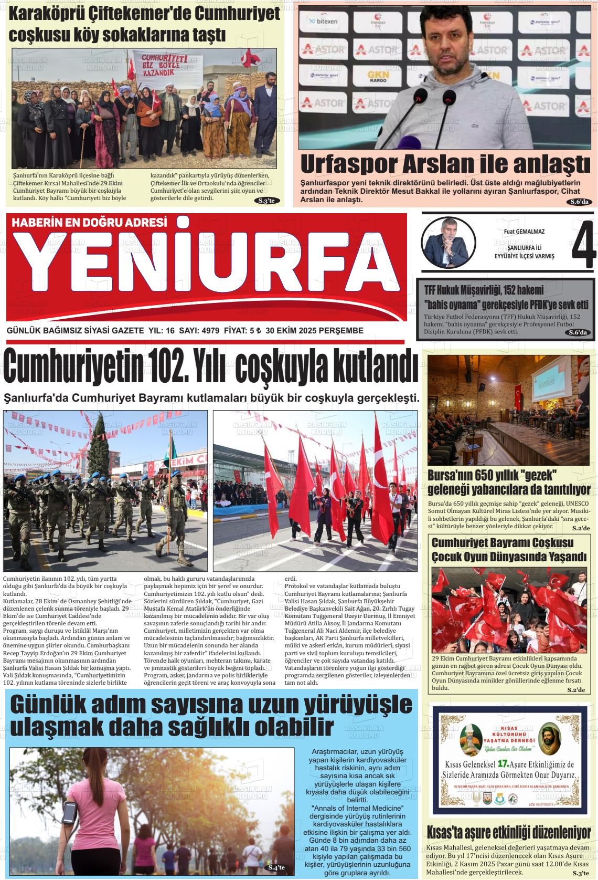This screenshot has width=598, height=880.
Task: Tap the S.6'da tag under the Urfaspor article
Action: (x=580, y=202)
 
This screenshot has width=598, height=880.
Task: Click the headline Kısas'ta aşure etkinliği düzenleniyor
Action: (x=509, y=832)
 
